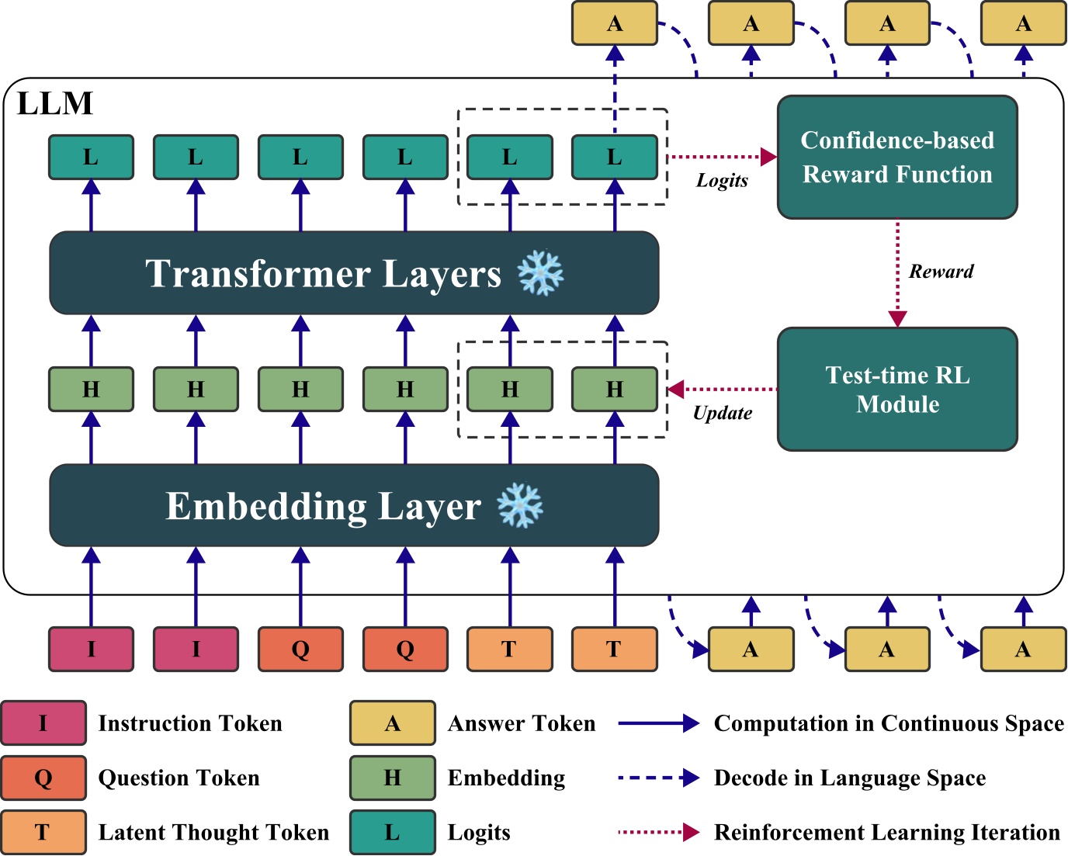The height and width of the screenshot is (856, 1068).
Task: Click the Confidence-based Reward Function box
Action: (897, 157)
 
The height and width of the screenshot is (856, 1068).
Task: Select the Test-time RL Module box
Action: (897, 389)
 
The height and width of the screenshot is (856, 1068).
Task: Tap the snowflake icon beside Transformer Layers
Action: (541, 272)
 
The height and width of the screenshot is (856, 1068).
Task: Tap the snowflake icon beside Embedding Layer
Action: (520, 505)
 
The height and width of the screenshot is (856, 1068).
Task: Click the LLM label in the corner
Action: (55, 103)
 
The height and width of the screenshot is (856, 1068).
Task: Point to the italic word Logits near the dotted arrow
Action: (722, 181)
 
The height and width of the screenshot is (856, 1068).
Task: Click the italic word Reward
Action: (941, 272)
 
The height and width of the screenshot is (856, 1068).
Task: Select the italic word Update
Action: (722, 413)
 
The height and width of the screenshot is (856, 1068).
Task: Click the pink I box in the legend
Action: (43, 723)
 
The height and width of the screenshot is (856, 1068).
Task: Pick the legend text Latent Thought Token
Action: (213, 832)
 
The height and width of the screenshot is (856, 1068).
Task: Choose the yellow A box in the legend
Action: (392, 723)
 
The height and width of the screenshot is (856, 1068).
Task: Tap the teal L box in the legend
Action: (392, 832)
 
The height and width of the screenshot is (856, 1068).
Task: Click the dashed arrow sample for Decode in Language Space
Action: (658, 778)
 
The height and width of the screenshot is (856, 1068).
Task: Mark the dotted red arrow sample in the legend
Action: (658, 832)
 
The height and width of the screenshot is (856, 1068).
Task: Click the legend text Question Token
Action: (179, 778)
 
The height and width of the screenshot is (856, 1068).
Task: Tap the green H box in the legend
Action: (392, 778)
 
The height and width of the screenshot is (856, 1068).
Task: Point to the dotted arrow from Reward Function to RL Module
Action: (898, 272)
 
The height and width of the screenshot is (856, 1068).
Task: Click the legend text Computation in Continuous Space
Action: (889, 723)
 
